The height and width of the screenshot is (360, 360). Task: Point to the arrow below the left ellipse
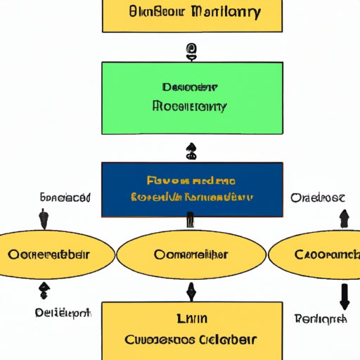(44, 289)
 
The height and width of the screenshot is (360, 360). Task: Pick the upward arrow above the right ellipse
(342, 219)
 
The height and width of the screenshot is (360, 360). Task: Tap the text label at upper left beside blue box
(64, 198)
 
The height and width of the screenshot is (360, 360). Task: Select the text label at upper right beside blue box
(318, 198)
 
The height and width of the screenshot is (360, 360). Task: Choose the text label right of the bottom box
(321, 319)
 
